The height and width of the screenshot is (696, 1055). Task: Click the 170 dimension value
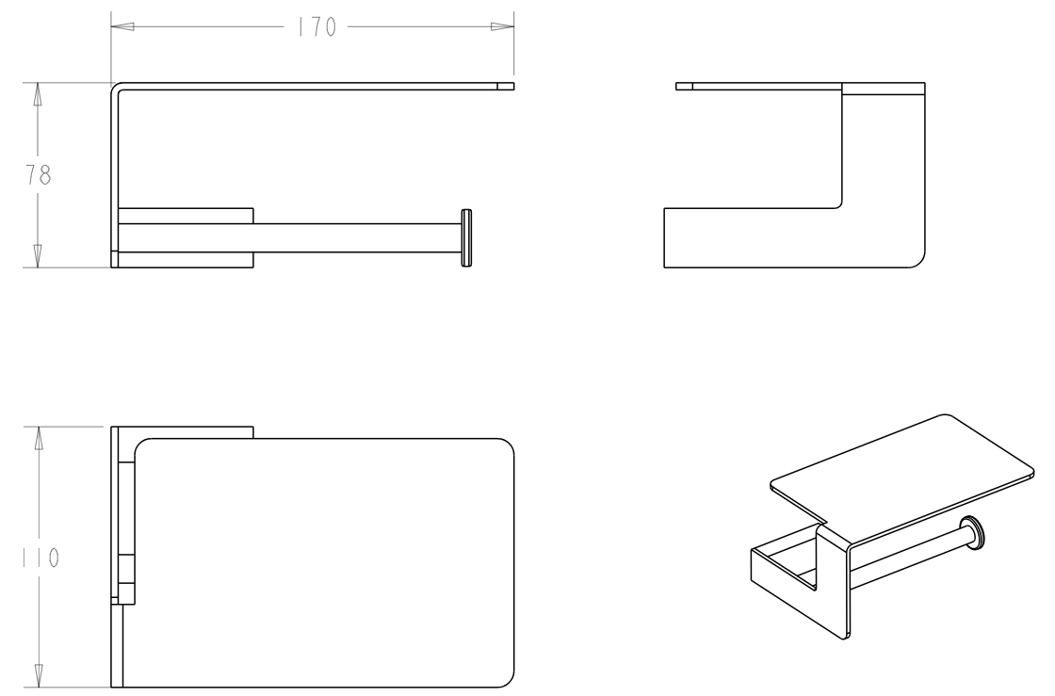316,27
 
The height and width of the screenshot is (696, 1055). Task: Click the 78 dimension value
39,175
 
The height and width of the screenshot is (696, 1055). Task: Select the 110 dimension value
41,558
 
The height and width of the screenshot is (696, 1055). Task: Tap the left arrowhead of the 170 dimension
122,27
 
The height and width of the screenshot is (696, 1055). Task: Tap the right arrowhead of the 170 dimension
502,27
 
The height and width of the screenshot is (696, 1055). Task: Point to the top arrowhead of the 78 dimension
38,94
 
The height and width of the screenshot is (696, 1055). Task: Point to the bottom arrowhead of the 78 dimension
38,256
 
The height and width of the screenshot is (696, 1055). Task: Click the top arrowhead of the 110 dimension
39,438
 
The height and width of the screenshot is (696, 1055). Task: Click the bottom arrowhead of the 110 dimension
39,676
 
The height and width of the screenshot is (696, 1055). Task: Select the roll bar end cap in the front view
466,238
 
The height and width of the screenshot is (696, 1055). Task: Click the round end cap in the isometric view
973,533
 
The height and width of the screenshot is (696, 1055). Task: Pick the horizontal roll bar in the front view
357,238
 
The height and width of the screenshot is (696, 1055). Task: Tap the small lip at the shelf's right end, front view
506,86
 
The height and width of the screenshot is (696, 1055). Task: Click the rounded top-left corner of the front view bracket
114,86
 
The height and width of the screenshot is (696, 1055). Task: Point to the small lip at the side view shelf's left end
684,86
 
